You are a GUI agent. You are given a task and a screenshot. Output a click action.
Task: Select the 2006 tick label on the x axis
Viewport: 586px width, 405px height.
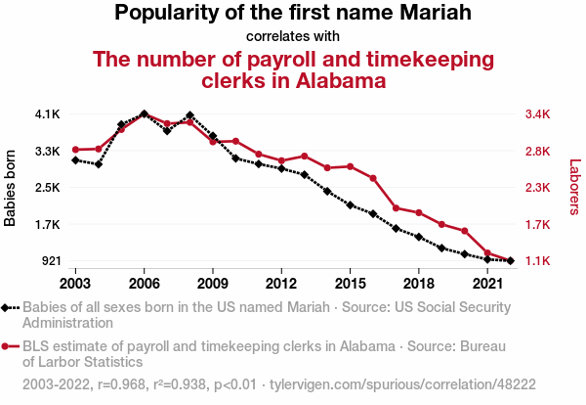[x=144, y=283]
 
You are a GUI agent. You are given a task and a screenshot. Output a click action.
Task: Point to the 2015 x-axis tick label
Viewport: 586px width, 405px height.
[x=350, y=283]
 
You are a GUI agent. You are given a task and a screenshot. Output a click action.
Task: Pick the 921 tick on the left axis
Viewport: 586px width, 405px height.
[x=49, y=261]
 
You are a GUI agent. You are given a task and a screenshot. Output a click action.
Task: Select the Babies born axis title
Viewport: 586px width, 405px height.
[x=11, y=188]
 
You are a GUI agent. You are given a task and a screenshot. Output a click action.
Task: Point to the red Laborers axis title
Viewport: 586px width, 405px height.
[x=574, y=188]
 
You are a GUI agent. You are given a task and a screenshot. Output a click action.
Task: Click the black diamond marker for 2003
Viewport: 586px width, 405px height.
[x=75, y=159]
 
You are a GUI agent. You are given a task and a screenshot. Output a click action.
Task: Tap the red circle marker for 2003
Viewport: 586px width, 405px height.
[x=75, y=150]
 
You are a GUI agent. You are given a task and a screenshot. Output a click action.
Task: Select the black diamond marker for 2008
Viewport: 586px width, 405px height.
[x=189, y=115]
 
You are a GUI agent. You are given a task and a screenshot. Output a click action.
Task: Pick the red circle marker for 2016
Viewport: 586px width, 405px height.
[x=373, y=178]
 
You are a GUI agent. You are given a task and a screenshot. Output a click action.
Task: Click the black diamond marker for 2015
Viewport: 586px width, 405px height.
[x=350, y=204]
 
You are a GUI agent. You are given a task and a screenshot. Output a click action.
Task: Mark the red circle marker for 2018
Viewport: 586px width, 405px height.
[x=419, y=213]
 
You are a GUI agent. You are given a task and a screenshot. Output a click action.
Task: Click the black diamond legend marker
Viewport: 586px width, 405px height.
[x=10, y=306]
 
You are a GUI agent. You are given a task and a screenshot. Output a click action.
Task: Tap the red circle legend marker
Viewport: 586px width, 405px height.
[x=10, y=345]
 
